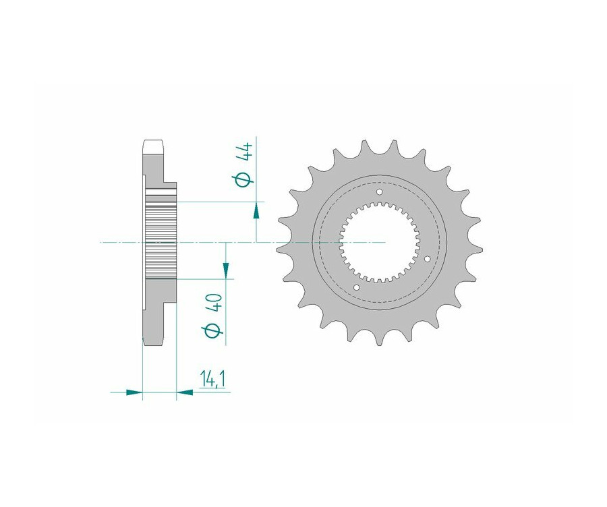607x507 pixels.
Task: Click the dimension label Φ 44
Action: click(242, 164)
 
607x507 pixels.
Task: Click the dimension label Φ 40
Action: click(212, 316)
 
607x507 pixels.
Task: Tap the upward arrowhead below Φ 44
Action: click(256, 212)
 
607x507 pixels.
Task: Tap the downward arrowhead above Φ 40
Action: click(226, 269)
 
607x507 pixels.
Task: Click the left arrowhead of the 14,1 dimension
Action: click(134, 392)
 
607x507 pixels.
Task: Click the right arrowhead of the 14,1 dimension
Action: click(185, 392)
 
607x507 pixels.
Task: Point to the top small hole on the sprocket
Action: click(379, 192)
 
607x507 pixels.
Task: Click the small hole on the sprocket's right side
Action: click(427, 258)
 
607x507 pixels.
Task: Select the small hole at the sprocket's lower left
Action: click(356, 288)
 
